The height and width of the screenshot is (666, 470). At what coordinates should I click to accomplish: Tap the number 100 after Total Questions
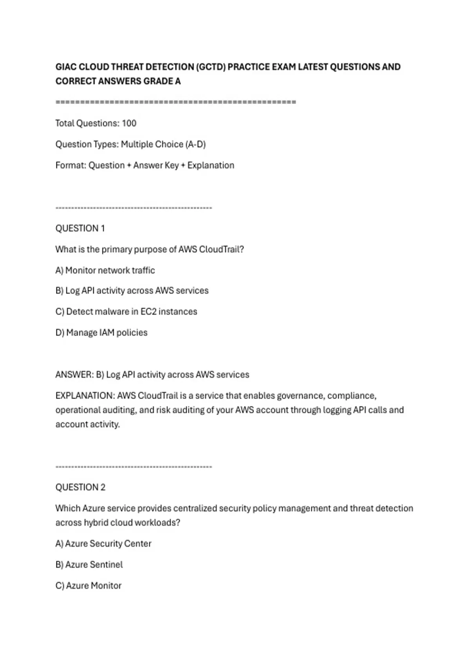coord(129,123)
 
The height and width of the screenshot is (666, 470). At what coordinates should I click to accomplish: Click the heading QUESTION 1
coord(80,228)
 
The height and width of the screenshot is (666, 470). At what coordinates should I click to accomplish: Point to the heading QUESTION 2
coord(80,487)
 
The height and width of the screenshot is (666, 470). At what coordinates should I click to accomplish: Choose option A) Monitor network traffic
coord(105,270)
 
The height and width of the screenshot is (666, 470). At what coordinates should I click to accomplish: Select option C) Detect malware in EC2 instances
coord(126,312)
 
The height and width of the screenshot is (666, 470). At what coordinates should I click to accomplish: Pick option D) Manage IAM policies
coord(101,333)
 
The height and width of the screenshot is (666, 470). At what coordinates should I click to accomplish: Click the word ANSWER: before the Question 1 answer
coord(74,375)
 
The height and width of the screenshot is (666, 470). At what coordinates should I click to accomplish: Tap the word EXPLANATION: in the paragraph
coord(85,396)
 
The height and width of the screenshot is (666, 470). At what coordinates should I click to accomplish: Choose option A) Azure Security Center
coord(103,544)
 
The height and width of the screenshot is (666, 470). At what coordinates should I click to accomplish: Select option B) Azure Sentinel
coord(89,565)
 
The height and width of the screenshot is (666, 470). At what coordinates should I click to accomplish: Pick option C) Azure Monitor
coord(89,586)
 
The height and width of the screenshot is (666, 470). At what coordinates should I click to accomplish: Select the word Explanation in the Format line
coord(211,165)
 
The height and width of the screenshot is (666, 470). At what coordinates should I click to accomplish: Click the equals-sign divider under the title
coord(176,102)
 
